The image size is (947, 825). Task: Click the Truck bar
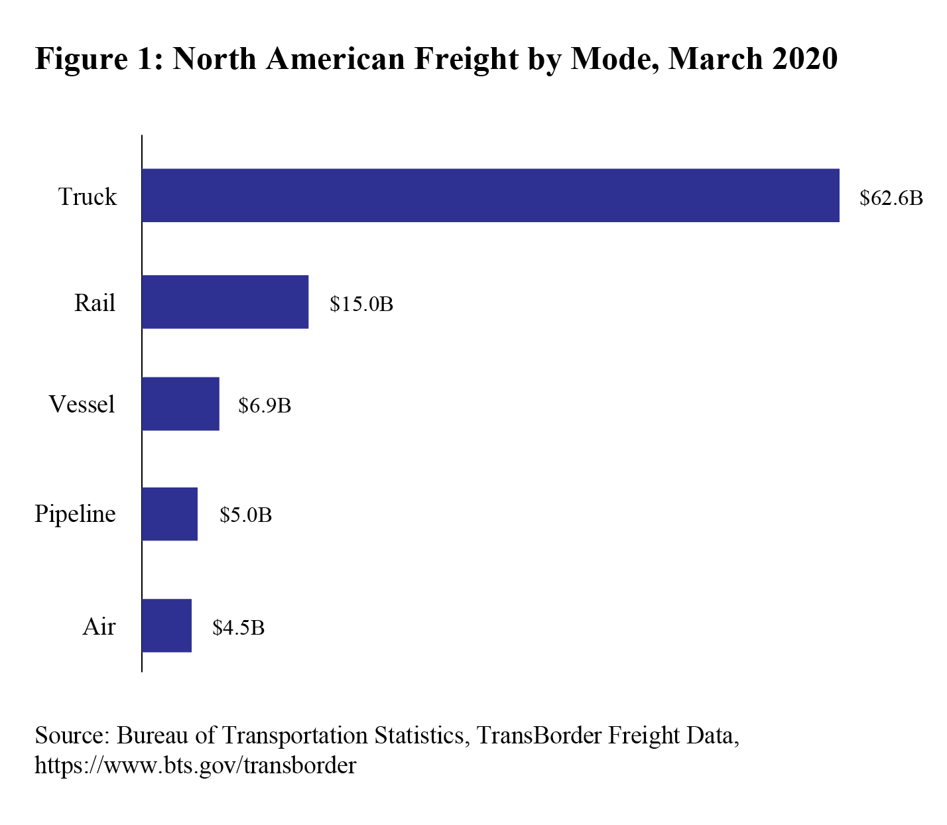click(x=490, y=195)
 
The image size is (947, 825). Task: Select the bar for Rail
click(x=225, y=302)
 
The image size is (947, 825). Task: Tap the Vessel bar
click(x=180, y=404)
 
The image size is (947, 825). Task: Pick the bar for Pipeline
click(x=170, y=514)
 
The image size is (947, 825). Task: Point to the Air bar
click(x=166, y=625)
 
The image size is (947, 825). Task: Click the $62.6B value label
click(x=891, y=198)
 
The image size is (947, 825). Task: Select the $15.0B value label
click(x=361, y=304)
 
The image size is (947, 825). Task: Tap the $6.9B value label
click(x=265, y=406)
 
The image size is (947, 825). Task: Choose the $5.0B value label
click(x=245, y=515)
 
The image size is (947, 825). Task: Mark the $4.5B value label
click(x=238, y=627)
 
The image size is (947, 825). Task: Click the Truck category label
click(x=88, y=197)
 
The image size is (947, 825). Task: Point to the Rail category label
click(x=95, y=303)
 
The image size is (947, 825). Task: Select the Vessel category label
click(x=82, y=405)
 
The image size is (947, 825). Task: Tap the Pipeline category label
click(x=75, y=514)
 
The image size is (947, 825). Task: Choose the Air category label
click(x=99, y=627)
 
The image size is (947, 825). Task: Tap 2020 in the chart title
click(x=804, y=58)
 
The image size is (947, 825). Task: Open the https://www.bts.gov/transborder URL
click(x=195, y=765)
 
